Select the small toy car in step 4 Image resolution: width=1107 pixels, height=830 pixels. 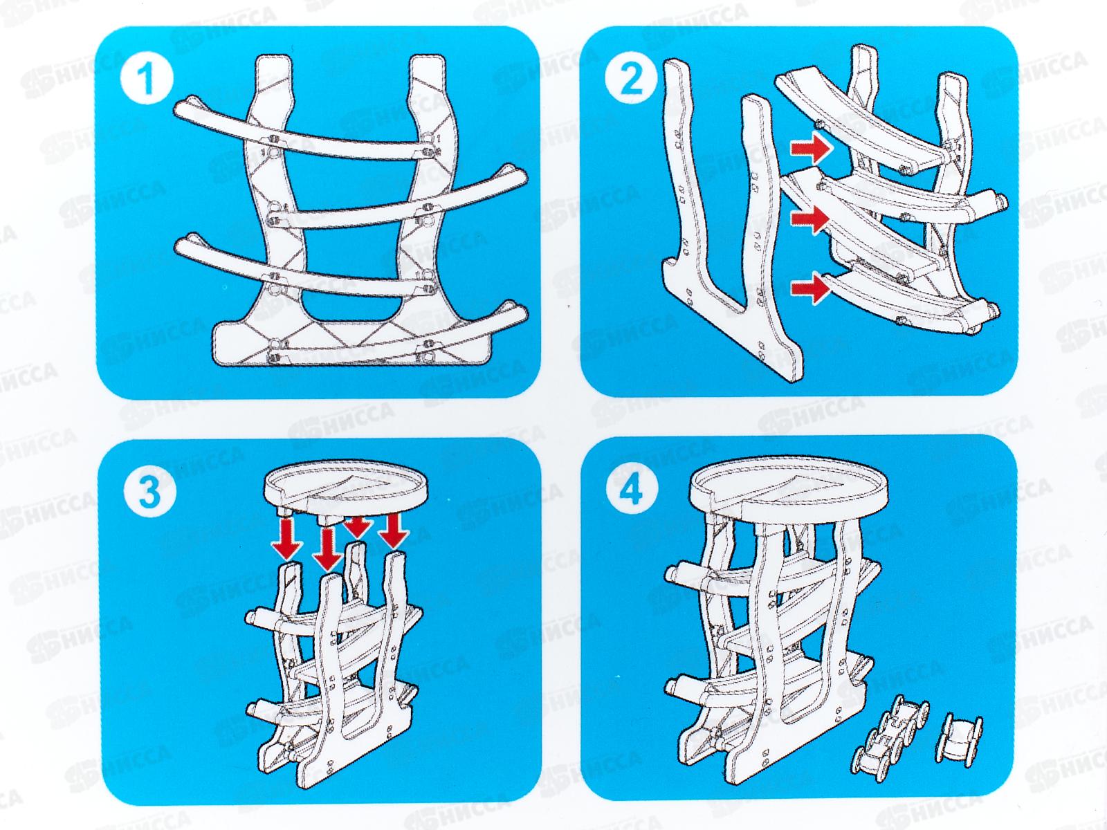[x=962, y=737]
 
